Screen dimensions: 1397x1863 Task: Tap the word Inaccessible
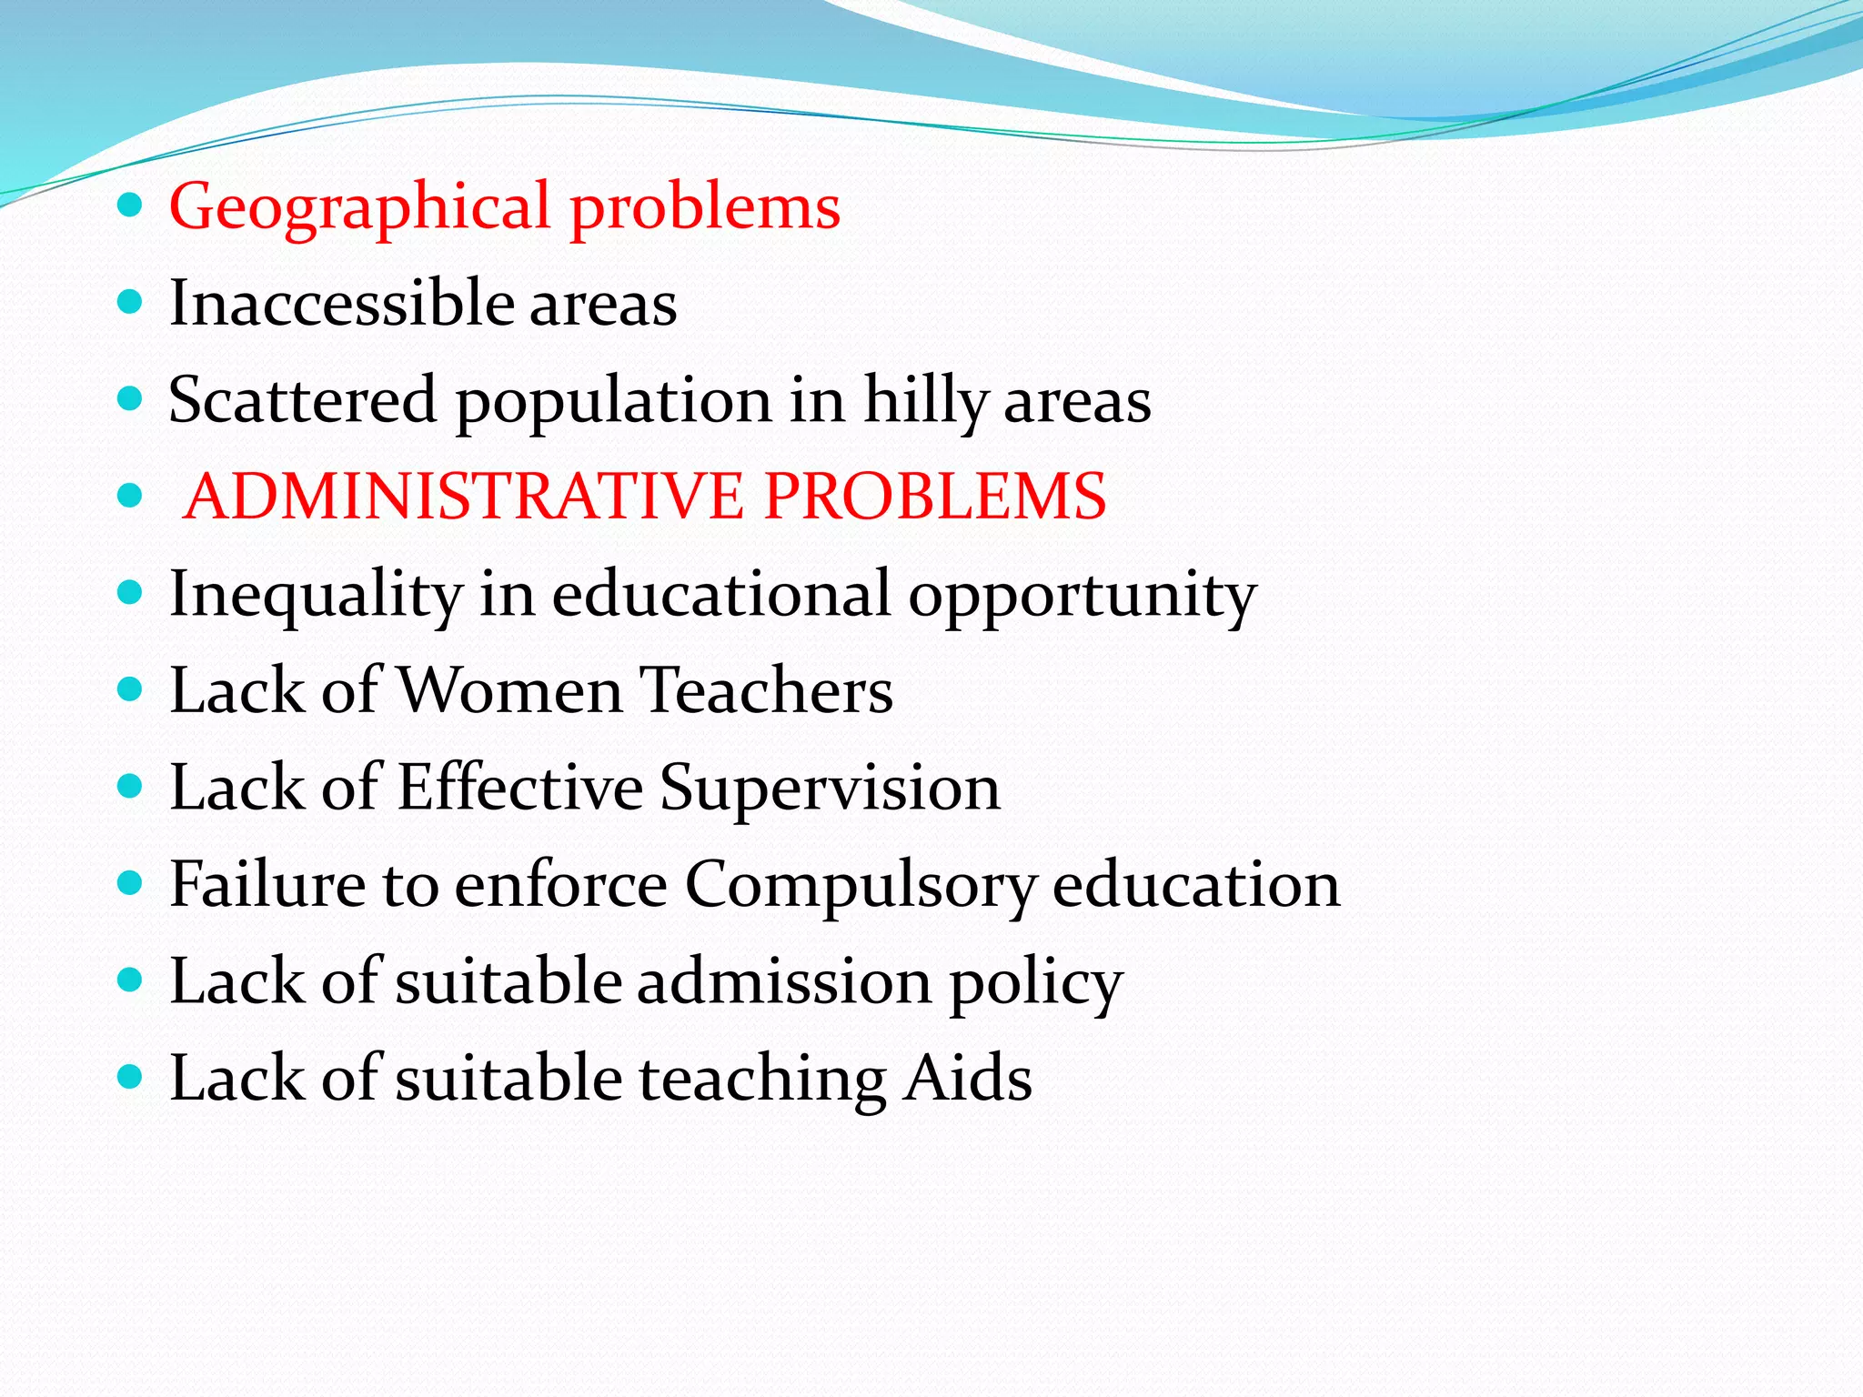(340, 304)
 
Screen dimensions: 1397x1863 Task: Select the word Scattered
(303, 400)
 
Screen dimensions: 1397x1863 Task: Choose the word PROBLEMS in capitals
(935, 497)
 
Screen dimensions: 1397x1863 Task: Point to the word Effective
(519, 788)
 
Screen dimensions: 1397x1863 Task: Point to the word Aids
(968, 1079)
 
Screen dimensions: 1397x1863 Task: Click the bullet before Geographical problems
(131, 206)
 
